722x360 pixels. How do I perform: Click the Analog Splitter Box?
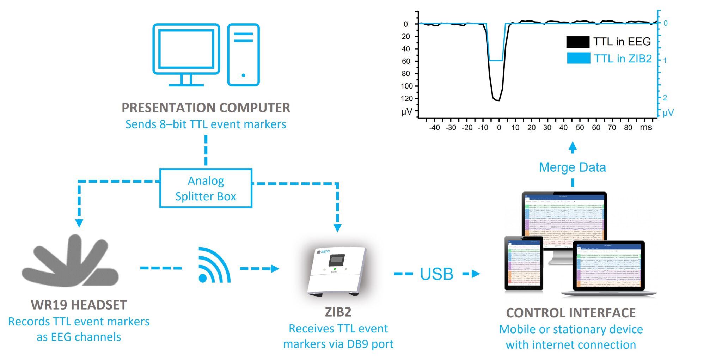[206, 188]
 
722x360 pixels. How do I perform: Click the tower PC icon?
[243, 55]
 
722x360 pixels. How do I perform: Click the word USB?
[436, 274]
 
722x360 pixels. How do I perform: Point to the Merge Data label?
[572, 167]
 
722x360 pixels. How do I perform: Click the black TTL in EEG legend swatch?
[577, 42]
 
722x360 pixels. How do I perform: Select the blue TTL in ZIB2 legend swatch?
[578, 58]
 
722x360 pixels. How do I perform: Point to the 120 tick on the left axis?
[406, 98]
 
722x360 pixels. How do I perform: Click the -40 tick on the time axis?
[434, 128]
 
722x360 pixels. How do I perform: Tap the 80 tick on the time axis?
[628, 128]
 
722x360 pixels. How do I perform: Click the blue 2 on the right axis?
[665, 98]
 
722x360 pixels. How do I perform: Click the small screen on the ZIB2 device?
[337, 260]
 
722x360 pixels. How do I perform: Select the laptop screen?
[608, 266]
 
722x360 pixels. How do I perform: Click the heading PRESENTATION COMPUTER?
[206, 108]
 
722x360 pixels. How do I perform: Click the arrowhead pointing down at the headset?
[79, 223]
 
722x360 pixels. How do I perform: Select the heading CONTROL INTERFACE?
[571, 313]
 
